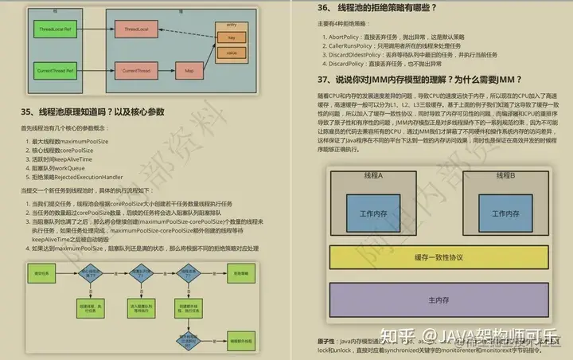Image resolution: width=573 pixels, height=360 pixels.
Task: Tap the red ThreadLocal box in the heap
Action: click(x=138, y=29)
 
